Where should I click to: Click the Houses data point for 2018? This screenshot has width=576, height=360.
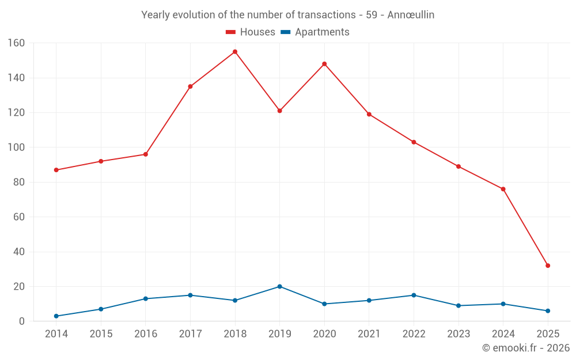(x=235, y=52)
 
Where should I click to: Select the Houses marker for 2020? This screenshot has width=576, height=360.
(x=324, y=64)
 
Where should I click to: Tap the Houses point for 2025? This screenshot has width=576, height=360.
(x=548, y=266)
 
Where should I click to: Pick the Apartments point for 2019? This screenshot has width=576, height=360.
(x=279, y=286)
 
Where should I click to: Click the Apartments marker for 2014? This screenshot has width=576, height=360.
(x=56, y=316)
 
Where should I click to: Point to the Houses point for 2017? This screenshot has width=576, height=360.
(x=190, y=86)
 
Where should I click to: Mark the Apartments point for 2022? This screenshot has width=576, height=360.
(x=414, y=295)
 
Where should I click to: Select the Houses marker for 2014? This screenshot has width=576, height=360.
(x=56, y=170)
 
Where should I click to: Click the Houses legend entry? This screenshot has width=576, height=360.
(x=251, y=32)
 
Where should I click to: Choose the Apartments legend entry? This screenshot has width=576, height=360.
(x=315, y=32)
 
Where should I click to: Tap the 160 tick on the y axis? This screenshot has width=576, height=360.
(x=16, y=43)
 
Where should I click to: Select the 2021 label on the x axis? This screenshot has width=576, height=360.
(x=369, y=334)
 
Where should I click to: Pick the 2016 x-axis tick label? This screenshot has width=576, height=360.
(x=146, y=334)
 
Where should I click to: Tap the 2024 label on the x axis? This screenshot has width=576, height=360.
(x=503, y=334)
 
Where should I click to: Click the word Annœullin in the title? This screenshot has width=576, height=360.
(x=411, y=15)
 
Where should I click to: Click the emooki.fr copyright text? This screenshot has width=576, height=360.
(x=526, y=348)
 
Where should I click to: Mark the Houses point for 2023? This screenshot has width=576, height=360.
(x=458, y=166)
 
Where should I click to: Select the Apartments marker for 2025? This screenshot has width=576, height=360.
(x=548, y=311)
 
